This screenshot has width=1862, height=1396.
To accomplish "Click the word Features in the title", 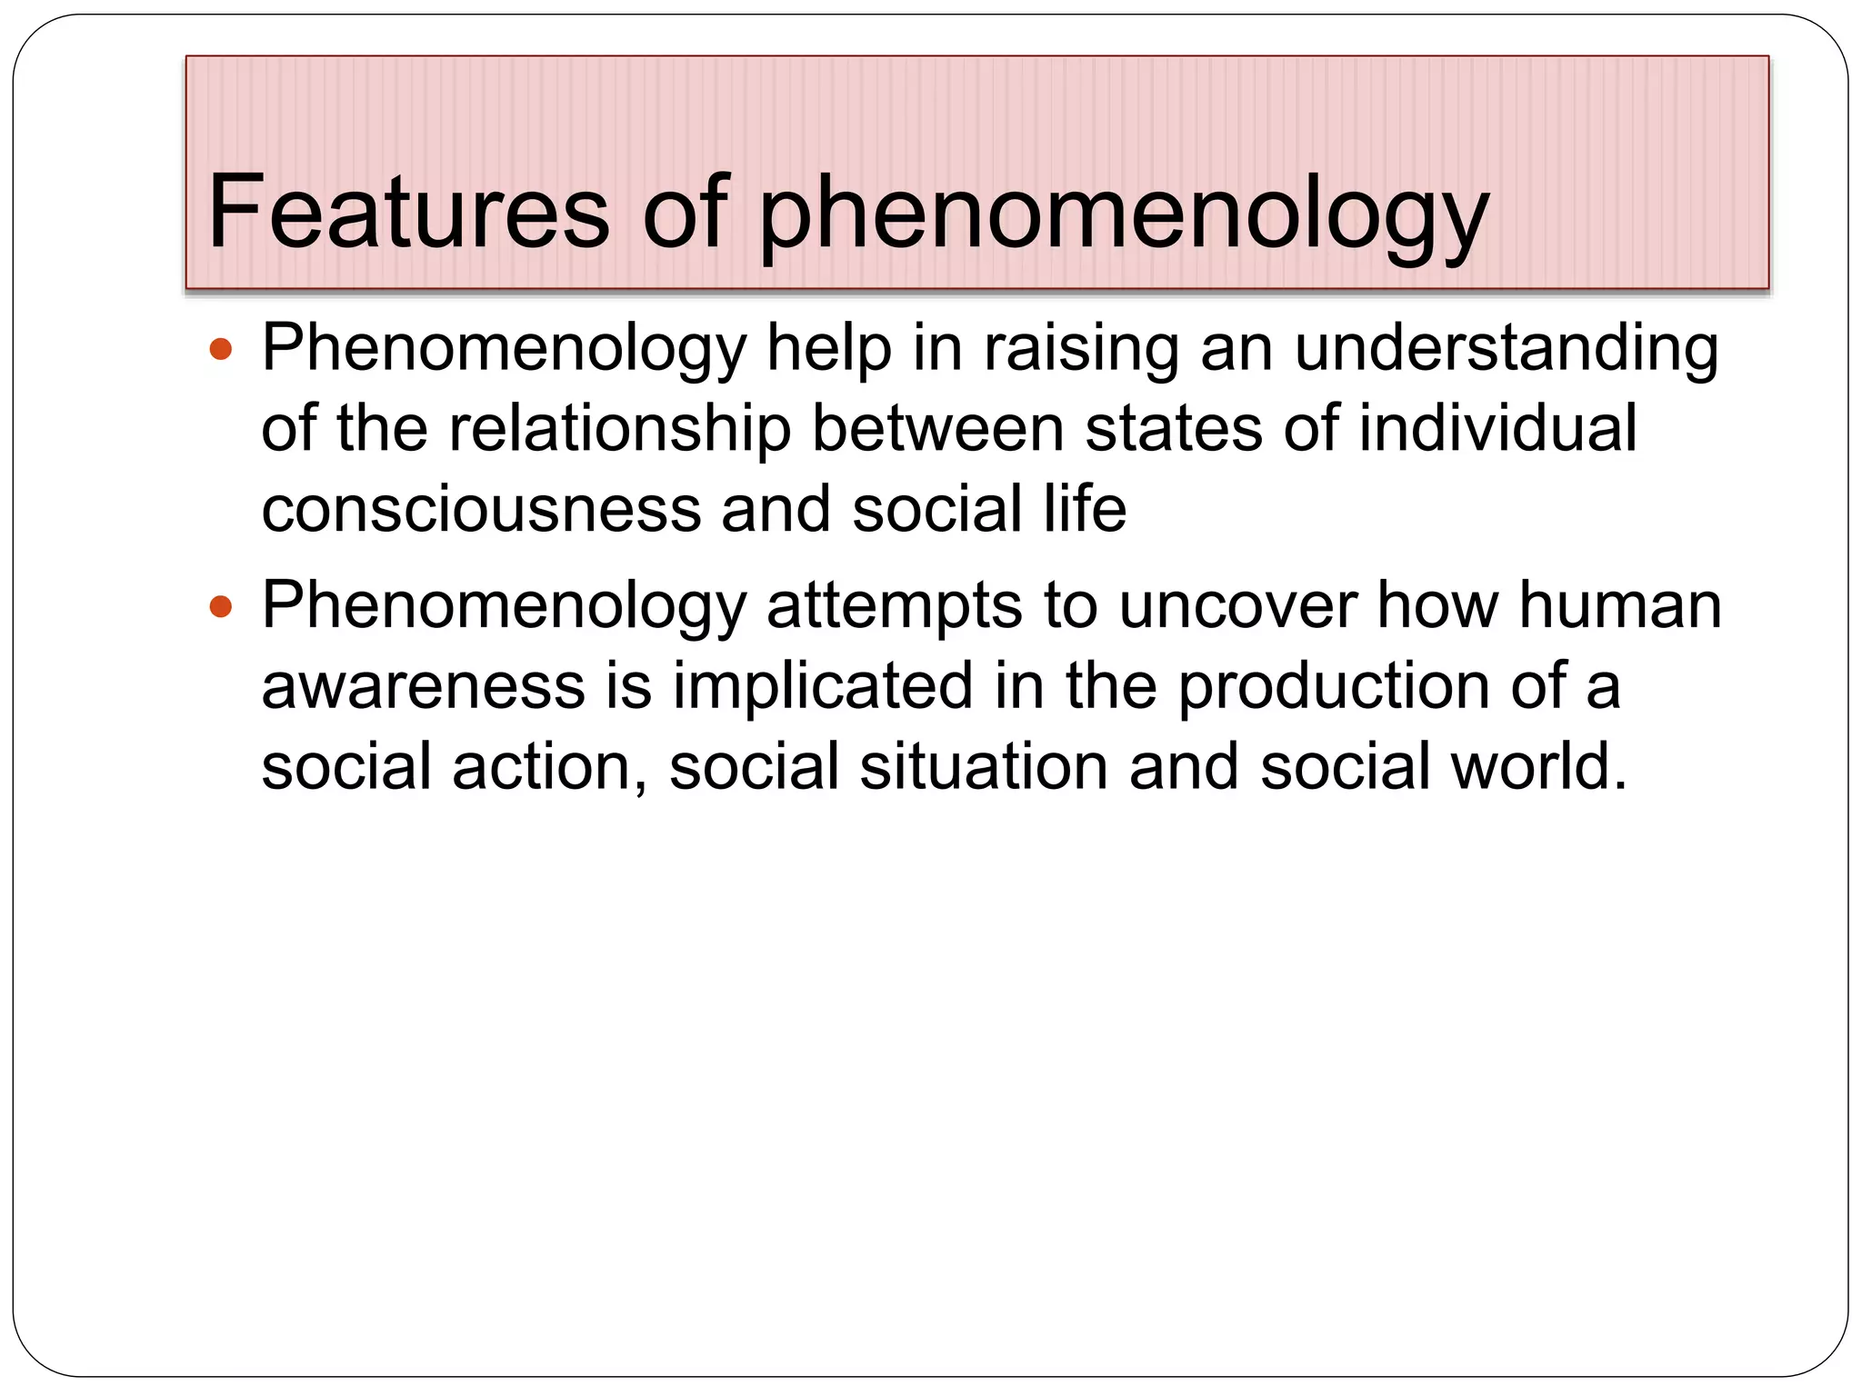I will [408, 212].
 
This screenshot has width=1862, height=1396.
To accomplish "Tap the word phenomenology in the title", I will [1124, 214].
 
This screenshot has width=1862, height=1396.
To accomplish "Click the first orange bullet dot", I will [221, 348].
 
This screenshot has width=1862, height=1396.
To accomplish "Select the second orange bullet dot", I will [221, 606].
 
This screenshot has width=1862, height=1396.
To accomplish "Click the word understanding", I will [1507, 350].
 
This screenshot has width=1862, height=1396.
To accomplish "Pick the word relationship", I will [620, 429].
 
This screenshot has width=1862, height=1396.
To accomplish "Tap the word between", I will [937, 429].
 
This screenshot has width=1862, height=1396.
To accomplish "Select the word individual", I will [1497, 429].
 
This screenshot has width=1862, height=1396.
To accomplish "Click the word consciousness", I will [482, 509].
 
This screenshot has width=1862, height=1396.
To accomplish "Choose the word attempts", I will [895, 607].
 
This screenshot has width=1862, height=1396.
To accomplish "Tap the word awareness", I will [424, 686].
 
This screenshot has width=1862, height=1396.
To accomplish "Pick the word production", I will [1334, 686].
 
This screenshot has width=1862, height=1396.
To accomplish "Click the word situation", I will [984, 766].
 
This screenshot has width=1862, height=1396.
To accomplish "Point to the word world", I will [1538, 766].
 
